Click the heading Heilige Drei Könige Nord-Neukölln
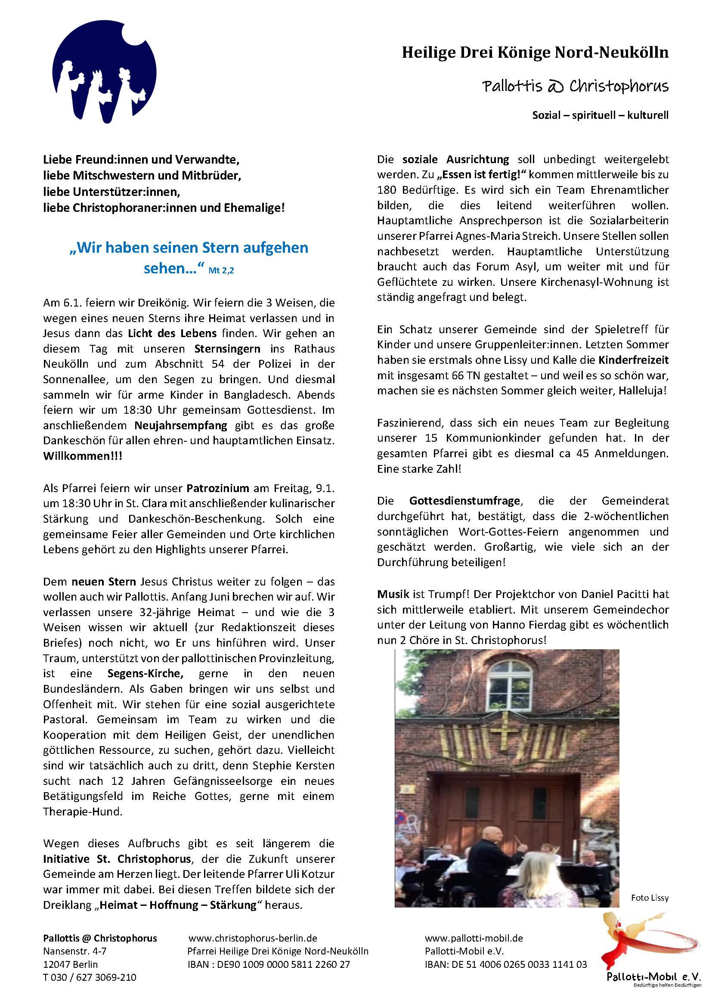click(x=535, y=53)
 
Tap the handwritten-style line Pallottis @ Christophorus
click(x=575, y=86)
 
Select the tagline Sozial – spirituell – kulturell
click(x=600, y=115)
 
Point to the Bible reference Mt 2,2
click(x=221, y=271)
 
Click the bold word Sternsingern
click(x=228, y=349)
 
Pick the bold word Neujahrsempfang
click(x=181, y=425)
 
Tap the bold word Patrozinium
click(x=218, y=488)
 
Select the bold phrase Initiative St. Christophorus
click(x=117, y=859)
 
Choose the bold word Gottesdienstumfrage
click(x=465, y=500)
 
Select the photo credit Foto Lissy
click(x=650, y=898)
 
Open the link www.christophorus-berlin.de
click(x=253, y=939)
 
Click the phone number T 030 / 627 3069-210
click(x=90, y=977)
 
